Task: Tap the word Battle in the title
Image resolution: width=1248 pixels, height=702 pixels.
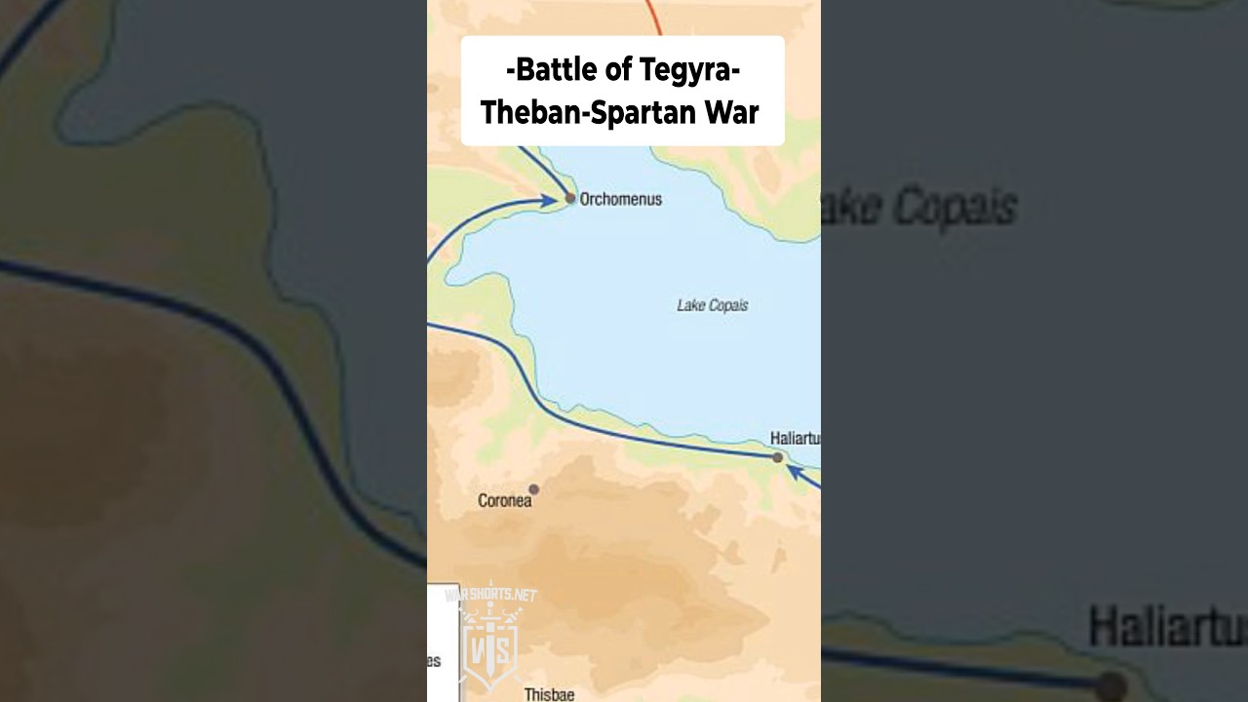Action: (555, 70)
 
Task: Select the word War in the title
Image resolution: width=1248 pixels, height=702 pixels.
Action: (730, 112)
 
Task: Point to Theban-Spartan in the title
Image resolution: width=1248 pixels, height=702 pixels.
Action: (587, 112)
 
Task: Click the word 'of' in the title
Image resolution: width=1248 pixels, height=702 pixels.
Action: (619, 70)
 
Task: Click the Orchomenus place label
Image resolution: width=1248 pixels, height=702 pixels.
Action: (620, 199)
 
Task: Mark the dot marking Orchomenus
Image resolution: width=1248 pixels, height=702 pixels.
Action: (570, 198)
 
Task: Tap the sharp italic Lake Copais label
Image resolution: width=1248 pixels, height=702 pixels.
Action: (712, 305)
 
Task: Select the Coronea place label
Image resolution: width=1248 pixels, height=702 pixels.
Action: (504, 501)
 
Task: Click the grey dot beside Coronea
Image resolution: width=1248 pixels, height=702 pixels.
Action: (533, 489)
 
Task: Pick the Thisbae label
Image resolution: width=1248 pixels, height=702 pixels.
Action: (549, 694)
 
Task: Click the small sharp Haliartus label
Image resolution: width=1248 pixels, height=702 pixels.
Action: (794, 439)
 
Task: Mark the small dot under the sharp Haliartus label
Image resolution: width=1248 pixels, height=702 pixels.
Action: (777, 456)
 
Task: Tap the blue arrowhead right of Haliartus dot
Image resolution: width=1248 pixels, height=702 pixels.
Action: (795, 472)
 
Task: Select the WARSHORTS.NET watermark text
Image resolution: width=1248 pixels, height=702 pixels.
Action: (490, 594)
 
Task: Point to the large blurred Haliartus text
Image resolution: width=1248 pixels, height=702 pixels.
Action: (1166, 626)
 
